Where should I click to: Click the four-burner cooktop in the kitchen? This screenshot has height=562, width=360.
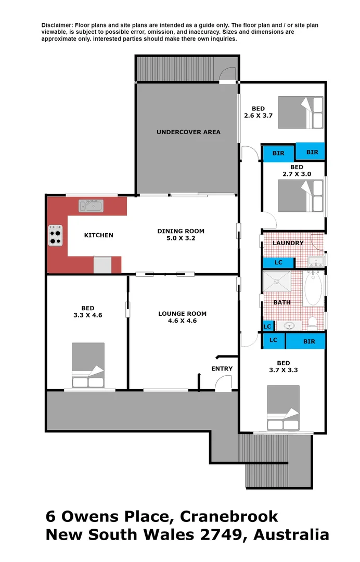[x=56, y=235]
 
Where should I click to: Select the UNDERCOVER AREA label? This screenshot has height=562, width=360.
[x=188, y=132]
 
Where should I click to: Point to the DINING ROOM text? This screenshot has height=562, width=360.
[x=181, y=231]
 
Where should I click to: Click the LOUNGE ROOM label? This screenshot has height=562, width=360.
[x=182, y=314]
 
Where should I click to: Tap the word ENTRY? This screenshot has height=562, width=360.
[x=222, y=369]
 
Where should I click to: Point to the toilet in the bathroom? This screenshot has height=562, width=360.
[x=313, y=323]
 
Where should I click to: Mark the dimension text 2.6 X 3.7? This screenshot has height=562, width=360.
[x=258, y=116]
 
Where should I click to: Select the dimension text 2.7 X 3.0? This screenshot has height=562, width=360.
[x=297, y=174]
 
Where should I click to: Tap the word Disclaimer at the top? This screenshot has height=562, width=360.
[x=57, y=25]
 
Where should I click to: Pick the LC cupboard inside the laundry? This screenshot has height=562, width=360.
[x=278, y=262]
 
